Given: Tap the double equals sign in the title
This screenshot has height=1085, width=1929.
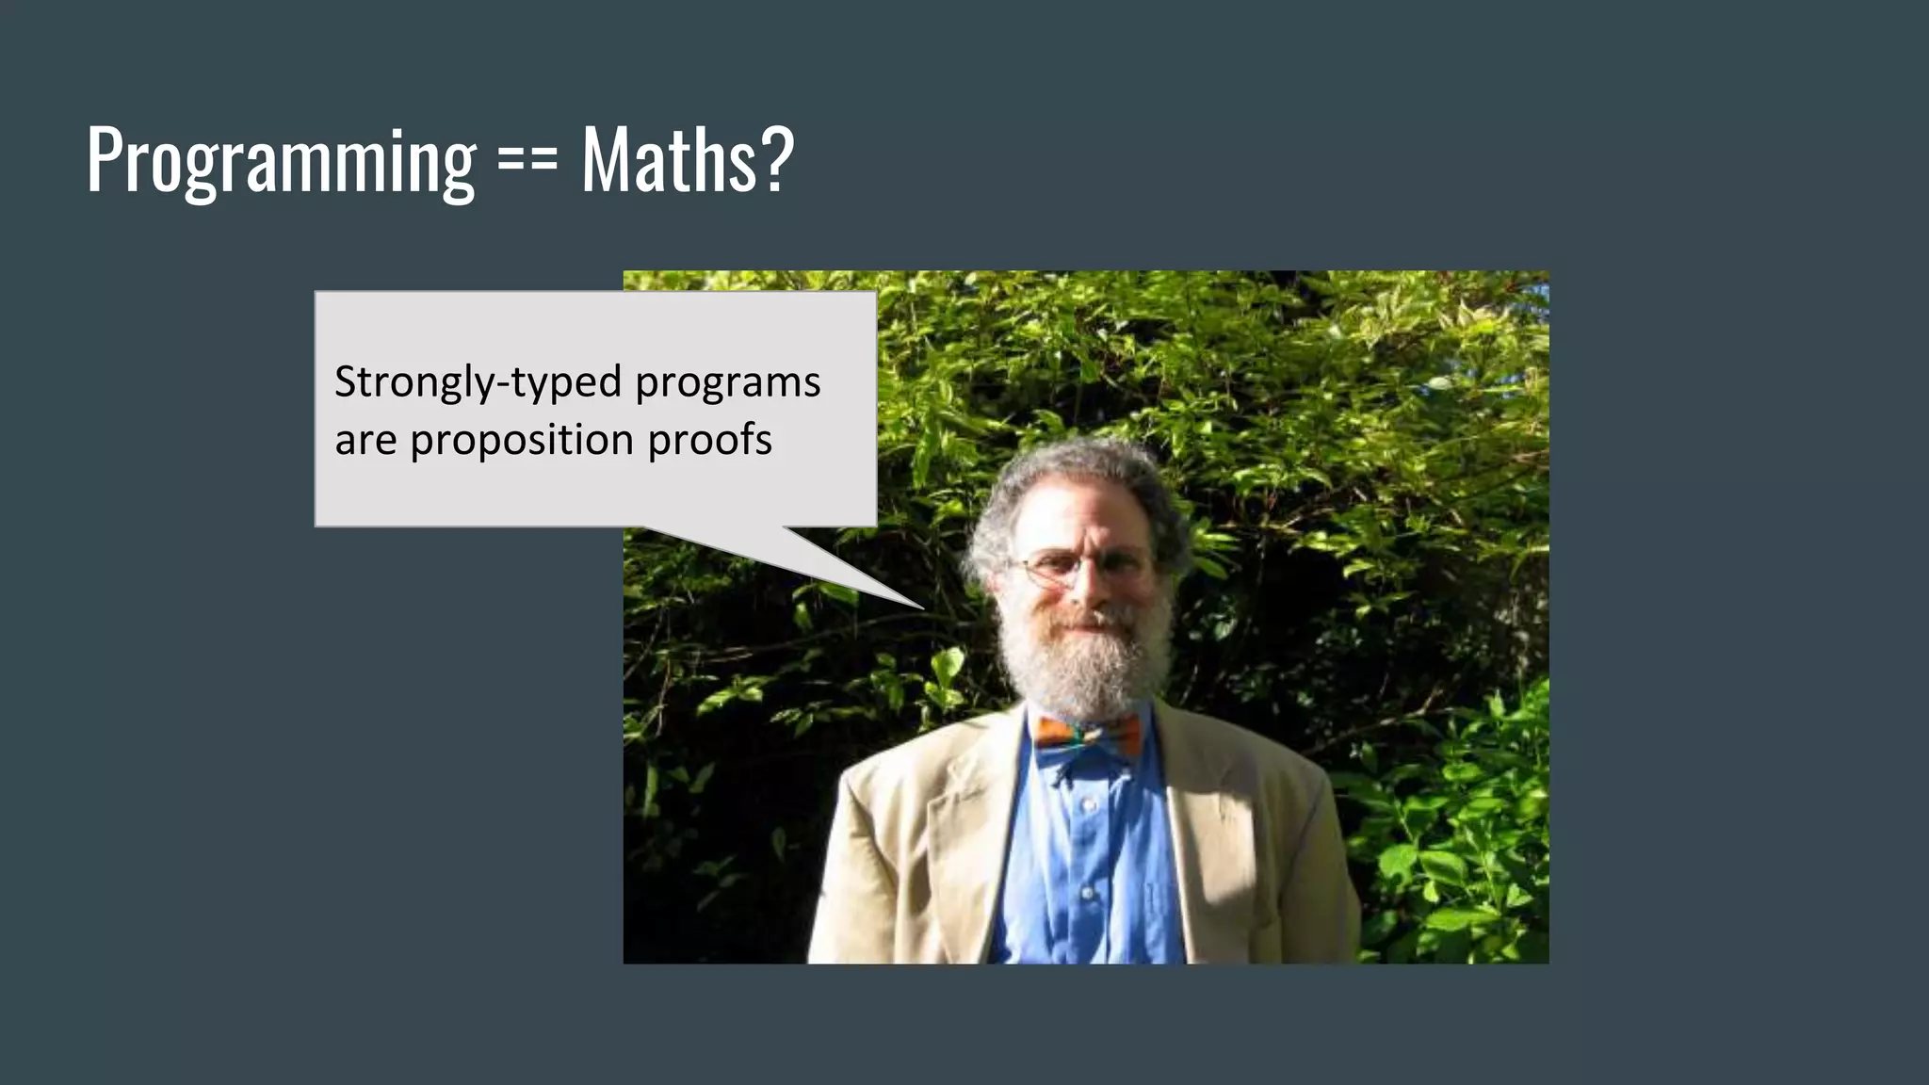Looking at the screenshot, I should click(x=527, y=160).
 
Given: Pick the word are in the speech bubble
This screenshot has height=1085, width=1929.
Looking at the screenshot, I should click(x=365, y=441).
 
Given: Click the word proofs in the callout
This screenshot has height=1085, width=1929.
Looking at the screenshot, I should click(x=710, y=440).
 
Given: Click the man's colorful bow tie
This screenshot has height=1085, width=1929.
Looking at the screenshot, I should click(x=1088, y=734).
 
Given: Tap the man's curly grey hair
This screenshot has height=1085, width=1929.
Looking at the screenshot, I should click(x=1074, y=480).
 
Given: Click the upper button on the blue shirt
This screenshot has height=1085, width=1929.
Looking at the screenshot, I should click(x=1088, y=806).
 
